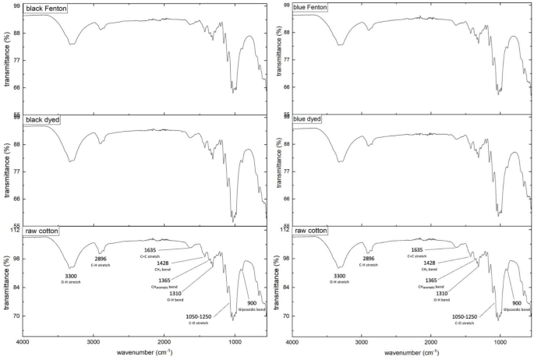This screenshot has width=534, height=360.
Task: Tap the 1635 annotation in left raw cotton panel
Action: (x=150, y=249)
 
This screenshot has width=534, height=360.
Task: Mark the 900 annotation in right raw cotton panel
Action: (x=517, y=302)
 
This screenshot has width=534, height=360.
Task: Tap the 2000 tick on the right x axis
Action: (x=433, y=341)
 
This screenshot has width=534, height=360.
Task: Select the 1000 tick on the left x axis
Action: (x=235, y=341)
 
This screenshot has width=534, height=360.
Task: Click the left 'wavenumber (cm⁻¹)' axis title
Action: (x=144, y=353)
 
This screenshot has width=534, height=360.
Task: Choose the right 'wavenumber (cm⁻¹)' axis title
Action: (x=412, y=353)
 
